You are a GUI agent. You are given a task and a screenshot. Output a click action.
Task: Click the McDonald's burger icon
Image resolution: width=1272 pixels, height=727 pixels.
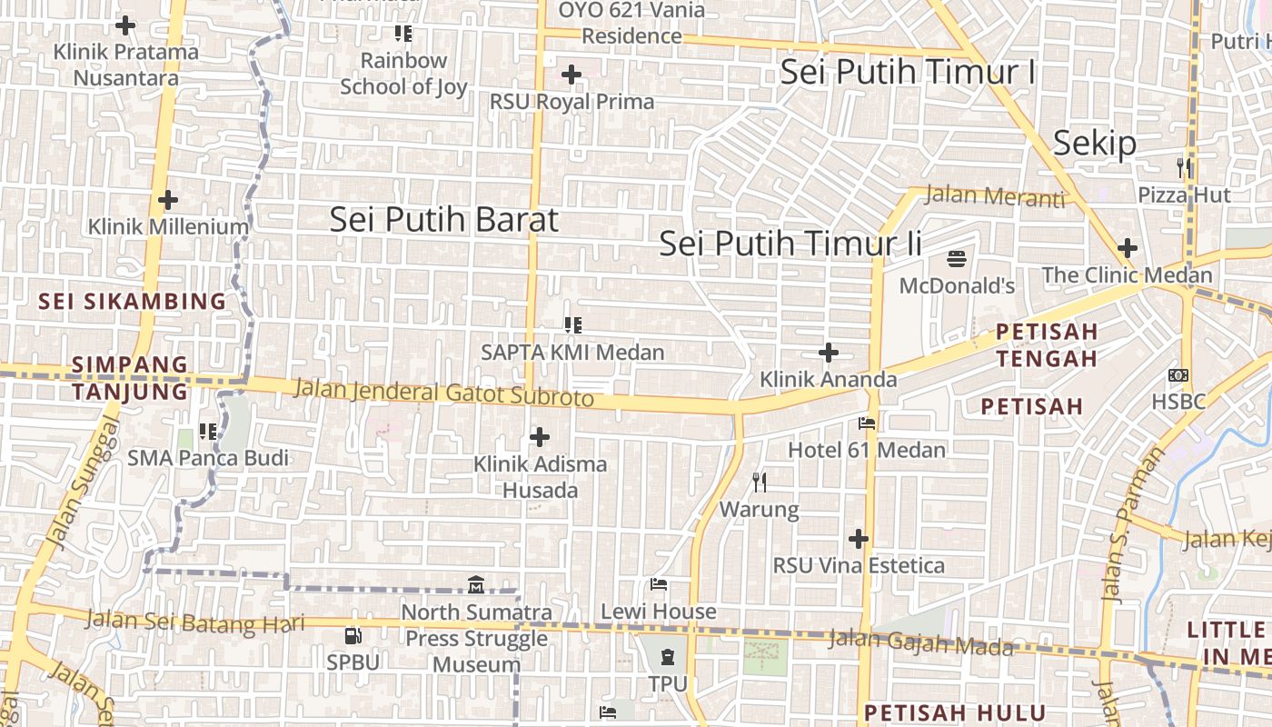tap(957, 259)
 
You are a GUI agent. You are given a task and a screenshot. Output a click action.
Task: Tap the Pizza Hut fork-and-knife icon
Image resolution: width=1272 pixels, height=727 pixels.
tap(1184, 167)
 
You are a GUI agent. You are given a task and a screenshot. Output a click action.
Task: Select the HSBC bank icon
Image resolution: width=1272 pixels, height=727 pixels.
tap(1178, 374)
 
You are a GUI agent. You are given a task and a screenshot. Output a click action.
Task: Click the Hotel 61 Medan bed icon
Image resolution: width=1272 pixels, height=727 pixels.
tap(866, 423)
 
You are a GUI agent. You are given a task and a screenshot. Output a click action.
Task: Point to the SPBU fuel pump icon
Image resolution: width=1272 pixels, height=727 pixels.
tap(353, 636)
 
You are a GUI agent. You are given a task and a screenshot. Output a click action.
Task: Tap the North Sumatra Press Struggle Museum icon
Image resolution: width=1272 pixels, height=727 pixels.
tap(476, 585)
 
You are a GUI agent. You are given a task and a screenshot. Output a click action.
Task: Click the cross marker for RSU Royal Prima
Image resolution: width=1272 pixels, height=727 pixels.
tap(571, 75)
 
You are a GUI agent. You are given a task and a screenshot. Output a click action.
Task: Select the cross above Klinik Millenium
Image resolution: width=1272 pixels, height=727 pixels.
tap(168, 200)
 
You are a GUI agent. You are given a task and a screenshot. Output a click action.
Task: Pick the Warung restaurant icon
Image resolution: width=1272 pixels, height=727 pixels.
tap(760, 482)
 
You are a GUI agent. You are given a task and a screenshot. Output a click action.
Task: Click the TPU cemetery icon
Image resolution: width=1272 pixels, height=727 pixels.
tap(668, 656)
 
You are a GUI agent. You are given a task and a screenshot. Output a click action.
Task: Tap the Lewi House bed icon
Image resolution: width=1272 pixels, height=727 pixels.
tap(659, 584)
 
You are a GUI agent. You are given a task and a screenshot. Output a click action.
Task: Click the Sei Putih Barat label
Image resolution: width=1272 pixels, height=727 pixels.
tap(443, 220)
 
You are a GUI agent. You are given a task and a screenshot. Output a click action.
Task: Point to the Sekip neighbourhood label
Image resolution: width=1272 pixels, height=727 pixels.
tap(1095, 144)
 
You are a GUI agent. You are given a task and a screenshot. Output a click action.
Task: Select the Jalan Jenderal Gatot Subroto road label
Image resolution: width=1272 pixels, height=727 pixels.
tap(444, 393)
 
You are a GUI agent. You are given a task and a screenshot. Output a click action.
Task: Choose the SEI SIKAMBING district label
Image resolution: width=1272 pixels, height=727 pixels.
tap(133, 301)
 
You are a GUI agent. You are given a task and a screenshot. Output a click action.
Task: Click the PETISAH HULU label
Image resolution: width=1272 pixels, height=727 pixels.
tap(955, 712)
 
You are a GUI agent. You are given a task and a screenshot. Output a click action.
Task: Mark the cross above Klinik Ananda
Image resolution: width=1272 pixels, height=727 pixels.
tap(829, 353)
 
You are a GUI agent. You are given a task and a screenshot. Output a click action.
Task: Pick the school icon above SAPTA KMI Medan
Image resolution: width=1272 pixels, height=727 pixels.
tap(572, 324)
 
